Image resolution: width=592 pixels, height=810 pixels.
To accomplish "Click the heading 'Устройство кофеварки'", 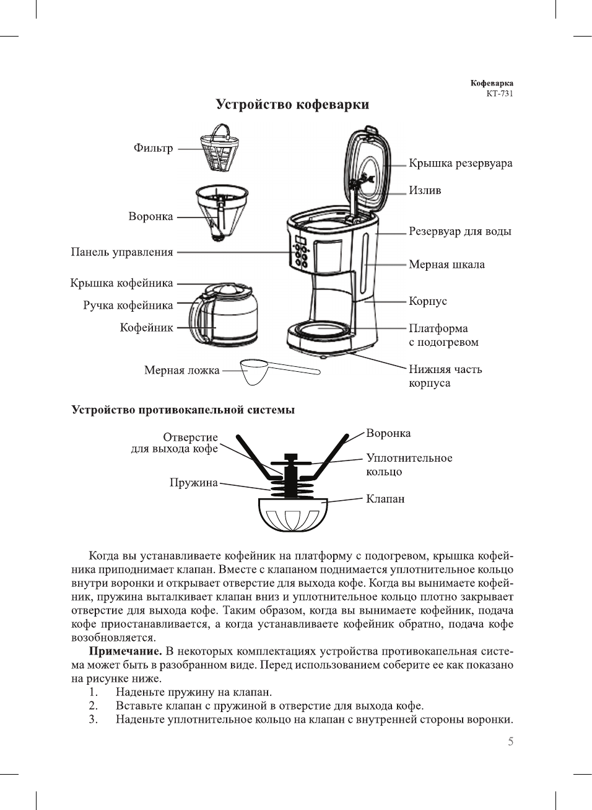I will [292, 104].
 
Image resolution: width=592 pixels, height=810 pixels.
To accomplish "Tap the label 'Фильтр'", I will [153, 148].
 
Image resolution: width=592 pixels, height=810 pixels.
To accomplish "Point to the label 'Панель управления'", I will [122, 252].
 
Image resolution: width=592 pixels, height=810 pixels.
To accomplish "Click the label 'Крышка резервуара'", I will [460, 164].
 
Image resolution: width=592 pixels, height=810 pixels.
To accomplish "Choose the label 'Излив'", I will [425, 190].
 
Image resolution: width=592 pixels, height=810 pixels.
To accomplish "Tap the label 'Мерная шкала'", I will [446, 265].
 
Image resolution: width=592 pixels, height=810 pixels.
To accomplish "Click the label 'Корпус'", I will [427, 301].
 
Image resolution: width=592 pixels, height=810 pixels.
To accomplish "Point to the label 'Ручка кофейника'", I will [128, 306].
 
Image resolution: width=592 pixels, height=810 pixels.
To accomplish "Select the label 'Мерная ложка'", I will [181, 371].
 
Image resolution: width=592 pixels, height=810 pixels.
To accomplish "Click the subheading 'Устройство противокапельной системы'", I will [183, 410].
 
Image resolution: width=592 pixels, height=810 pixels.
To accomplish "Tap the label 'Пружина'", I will [193, 483].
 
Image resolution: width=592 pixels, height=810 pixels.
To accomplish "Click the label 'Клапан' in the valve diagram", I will [385, 499].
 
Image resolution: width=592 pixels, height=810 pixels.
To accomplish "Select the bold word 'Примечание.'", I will [126, 651].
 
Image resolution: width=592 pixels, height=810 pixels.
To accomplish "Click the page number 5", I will [510, 742].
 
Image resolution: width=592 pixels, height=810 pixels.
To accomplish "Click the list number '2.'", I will [93, 706].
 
